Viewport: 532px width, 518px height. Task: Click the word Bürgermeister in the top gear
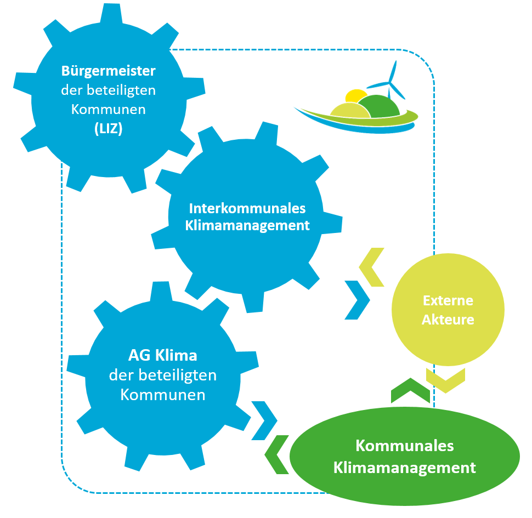coord(108,71)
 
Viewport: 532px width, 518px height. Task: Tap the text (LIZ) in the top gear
coord(108,129)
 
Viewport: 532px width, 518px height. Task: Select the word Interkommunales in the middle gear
coord(247,209)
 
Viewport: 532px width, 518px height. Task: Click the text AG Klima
coord(162,355)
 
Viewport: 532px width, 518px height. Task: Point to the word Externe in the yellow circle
coord(448,300)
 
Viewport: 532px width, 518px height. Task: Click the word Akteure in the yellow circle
coord(448,320)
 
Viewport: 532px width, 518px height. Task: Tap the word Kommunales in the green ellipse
coord(404,446)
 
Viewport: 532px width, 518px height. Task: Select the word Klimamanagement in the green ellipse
coord(404,468)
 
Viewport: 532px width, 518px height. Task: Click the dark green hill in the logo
coord(380,106)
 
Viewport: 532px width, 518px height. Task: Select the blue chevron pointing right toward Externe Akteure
coord(357,300)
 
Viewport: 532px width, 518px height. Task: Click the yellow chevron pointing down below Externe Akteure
coord(445,380)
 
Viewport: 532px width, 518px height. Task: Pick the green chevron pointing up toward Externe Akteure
coord(410,390)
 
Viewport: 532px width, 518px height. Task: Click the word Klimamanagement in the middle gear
coord(247,225)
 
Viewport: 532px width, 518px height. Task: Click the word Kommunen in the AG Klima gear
coord(162,395)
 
